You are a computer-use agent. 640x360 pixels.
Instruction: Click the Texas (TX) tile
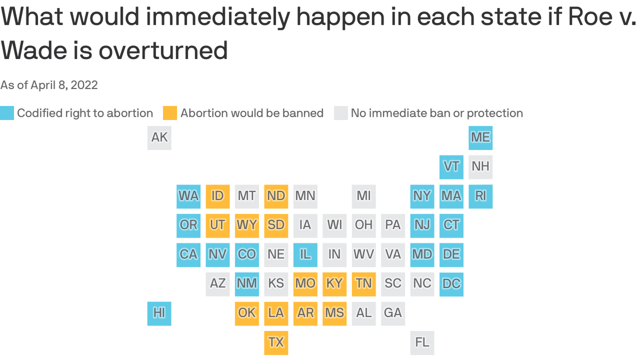pyautogui.click(x=276, y=342)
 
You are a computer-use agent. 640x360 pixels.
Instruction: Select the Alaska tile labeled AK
pyautogui.click(x=159, y=137)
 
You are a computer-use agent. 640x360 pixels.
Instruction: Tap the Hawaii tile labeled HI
pyautogui.click(x=159, y=313)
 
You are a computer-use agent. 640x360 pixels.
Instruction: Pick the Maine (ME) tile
pyautogui.click(x=480, y=137)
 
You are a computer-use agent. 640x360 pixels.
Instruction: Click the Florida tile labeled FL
pyautogui.click(x=422, y=342)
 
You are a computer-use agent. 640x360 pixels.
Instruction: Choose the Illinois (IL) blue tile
pyautogui.click(x=305, y=255)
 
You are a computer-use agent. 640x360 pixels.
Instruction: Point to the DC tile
pyautogui.click(x=451, y=284)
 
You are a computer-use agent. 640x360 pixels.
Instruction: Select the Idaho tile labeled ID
pyautogui.click(x=217, y=196)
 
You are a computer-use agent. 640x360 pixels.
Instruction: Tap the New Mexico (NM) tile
pyautogui.click(x=246, y=284)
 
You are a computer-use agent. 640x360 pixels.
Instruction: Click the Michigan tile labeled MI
pyautogui.click(x=364, y=196)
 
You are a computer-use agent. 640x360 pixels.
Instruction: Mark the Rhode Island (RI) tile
pyautogui.click(x=480, y=196)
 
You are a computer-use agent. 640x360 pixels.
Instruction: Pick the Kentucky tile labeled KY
pyautogui.click(x=334, y=284)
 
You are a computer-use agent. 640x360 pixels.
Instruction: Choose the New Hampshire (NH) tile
pyautogui.click(x=480, y=166)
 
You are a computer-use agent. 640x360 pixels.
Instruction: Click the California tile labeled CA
pyautogui.click(x=188, y=255)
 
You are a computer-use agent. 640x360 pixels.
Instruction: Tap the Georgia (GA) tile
pyautogui.click(x=393, y=313)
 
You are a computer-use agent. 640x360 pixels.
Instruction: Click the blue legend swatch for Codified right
pyautogui.click(x=7, y=113)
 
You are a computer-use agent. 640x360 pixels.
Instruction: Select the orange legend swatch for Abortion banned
pyautogui.click(x=170, y=113)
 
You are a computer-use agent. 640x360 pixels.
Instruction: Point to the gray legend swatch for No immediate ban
pyautogui.click(x=341, y=113)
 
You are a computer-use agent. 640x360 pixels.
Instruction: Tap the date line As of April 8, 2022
pyautogui.click(x=49, y=85)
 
